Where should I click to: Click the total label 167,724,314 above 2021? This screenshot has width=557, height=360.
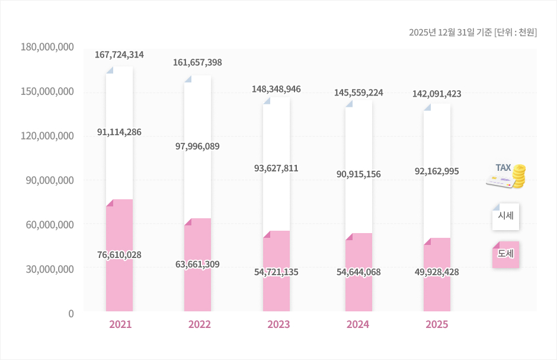click(x=119, y=55)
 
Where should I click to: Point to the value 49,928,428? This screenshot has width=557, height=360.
click(x=437, y=272)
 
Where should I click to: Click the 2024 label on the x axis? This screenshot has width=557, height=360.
click(x=358, y=324)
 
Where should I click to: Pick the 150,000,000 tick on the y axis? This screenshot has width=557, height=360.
click(x=47, y=91)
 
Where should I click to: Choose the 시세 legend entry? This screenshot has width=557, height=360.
click(x=505, y=216)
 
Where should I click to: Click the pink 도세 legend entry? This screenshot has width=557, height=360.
click(x=505, y=254)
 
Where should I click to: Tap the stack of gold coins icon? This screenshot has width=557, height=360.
click(x=519, y=177)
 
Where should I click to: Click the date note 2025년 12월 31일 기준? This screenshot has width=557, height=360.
click(x=450, y=32)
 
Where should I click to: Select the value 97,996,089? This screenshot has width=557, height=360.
click(x=197, y=146)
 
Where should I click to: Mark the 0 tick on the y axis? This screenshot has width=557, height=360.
click(x=71, y=313)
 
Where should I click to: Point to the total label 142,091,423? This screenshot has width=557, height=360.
click(x=437, y=94)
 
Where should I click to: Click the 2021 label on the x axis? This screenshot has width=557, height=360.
click(x=120, y=324)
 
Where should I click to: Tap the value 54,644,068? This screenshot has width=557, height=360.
click(x=358, y=272)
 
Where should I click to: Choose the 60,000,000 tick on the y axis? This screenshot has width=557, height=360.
click(x=47, y=225)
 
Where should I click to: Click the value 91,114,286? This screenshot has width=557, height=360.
click(x=119, y=132)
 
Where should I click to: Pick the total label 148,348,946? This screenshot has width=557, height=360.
click(x=276, y=89)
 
